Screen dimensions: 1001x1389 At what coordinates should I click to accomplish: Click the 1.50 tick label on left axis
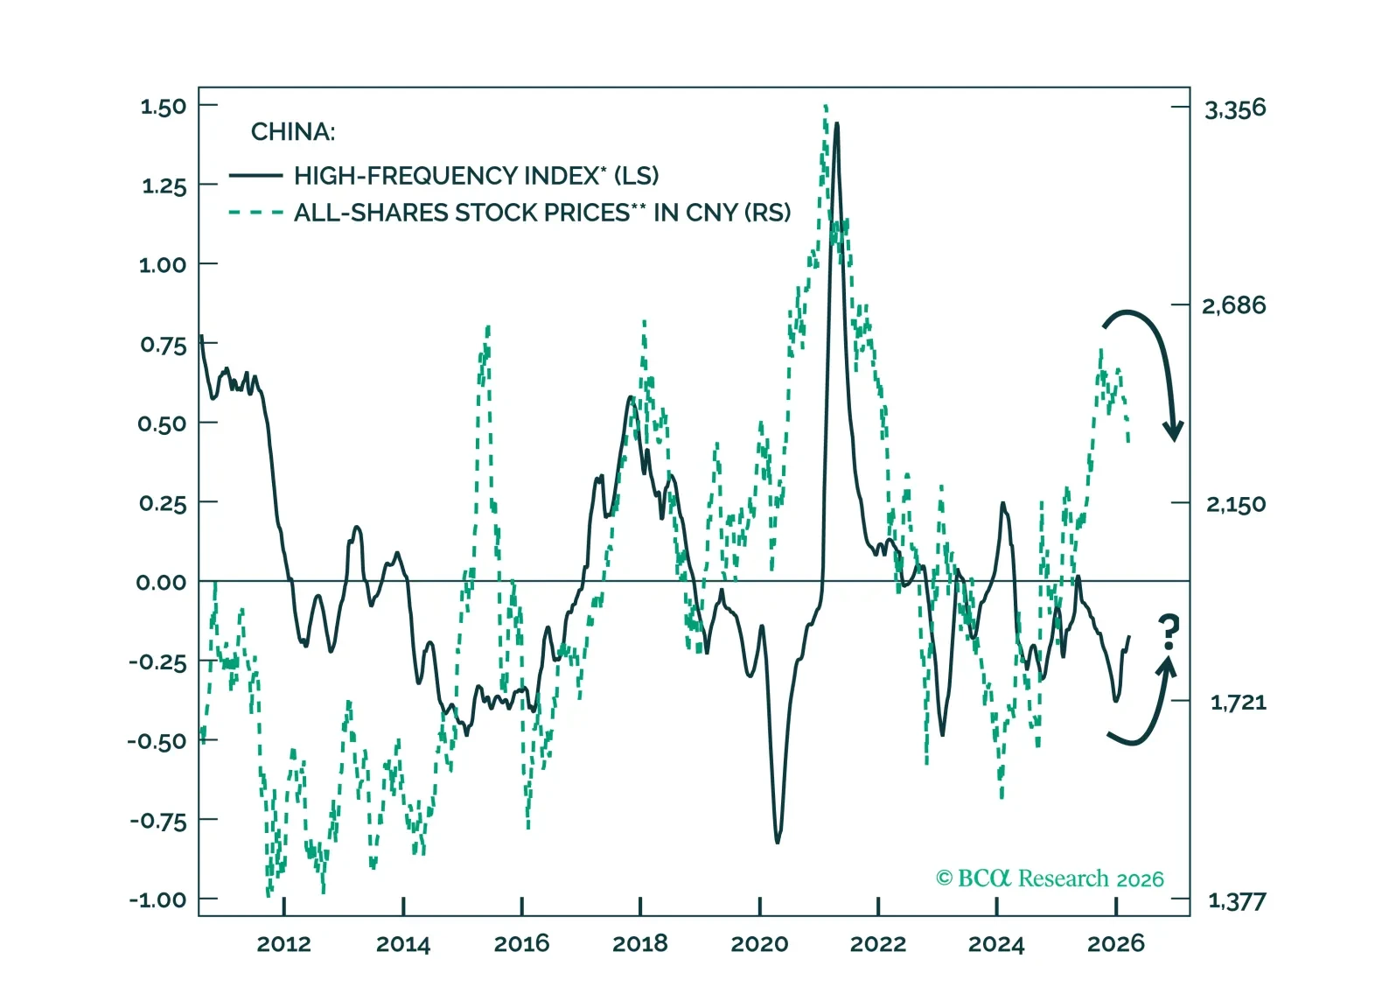tap(164, 107)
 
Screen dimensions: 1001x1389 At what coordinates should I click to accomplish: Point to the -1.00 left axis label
tap(158, 899)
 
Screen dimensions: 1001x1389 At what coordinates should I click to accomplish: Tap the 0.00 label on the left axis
tap(161, 583)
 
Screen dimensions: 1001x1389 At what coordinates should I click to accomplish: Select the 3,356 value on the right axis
tap(1235, 109)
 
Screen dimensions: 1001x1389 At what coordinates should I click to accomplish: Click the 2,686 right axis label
tap(1234, 306)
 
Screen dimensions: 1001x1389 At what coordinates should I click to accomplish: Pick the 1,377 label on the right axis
tap(1237, 901)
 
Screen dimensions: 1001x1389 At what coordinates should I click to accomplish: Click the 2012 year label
tap(283, 944)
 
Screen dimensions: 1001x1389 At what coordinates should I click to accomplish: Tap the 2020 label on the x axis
tap(759, 944)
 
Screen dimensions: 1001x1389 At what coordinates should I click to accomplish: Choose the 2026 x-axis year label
tap(1115, 944)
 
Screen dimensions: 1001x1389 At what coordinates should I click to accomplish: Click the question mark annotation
tap(1169, 632)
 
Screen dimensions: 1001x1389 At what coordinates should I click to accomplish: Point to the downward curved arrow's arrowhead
tap(1173, 430)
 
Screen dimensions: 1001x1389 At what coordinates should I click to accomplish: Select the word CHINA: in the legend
tap(293, 132)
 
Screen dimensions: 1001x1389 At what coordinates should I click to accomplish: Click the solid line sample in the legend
tap(255, 176)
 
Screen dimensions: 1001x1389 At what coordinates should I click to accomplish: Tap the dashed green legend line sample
tap(255, 213)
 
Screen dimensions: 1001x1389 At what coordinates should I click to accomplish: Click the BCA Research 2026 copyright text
tap(1050, 878)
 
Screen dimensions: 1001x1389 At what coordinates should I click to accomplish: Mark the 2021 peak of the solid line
tap(837, 124)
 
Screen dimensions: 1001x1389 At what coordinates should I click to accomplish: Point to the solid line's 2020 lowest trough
tap(778, 842)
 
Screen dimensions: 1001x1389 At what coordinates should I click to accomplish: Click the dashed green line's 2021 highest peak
tap(826, 107)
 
